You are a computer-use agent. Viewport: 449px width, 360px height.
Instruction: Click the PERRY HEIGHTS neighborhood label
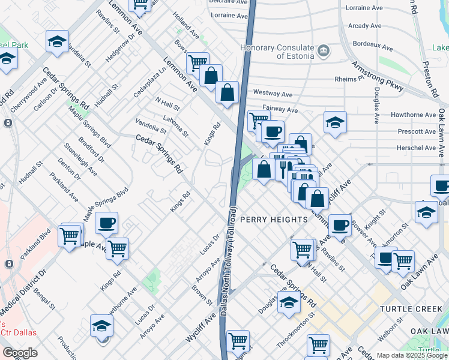click(x=274, y=220)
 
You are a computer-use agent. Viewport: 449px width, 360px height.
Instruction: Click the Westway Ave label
click(x=273, y=94)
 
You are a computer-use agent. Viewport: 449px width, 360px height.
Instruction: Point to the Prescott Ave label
click(x=417, y=131)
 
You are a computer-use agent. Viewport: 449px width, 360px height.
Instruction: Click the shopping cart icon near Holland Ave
click(x=197, y=62)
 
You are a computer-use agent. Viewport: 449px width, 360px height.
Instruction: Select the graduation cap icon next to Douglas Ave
click(x=289, y=302)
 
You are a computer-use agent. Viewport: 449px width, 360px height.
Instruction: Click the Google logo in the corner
click(x=19, y=353)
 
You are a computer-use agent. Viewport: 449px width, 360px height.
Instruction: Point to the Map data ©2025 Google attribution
click(x=411, y=355)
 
